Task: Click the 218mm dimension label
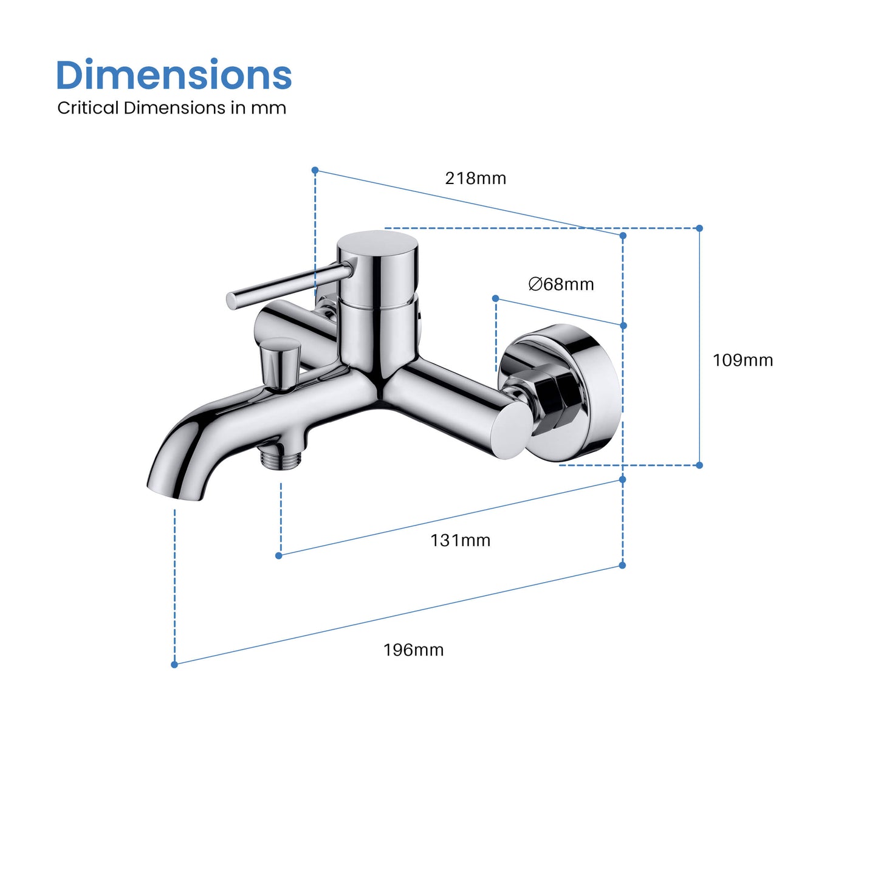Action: click(475, 179)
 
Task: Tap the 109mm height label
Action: click(743, 360)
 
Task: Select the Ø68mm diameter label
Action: click(561, 284)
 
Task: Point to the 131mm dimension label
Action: click(460, 540)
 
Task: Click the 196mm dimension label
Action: click(413, 650)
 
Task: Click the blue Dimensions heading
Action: click(174, 75)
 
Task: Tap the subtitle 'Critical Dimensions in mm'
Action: click(171, 108)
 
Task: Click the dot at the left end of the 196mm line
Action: click(174, 665)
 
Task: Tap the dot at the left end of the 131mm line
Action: click(279, 556)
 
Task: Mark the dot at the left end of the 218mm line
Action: click(315, 170)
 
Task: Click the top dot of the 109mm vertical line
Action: click(699, 228)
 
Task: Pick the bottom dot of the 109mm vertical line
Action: click(699, 465)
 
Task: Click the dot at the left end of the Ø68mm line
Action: click(496, 298)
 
